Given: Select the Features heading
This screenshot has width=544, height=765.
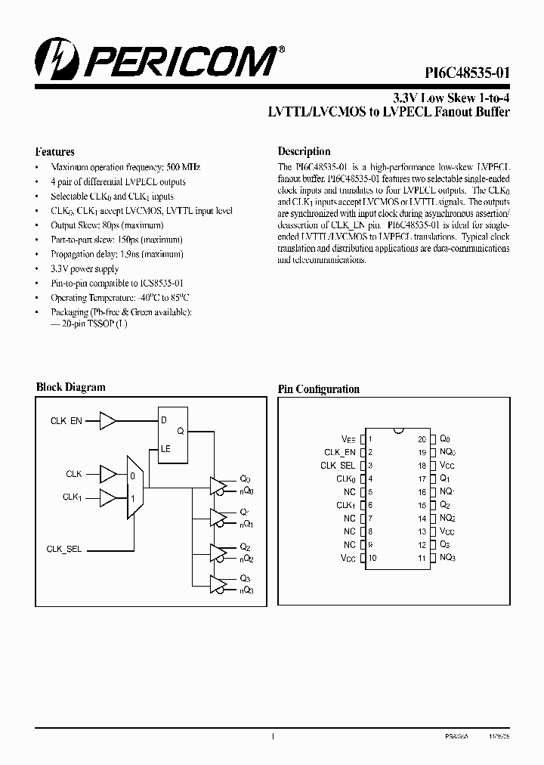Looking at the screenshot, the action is point(55,151).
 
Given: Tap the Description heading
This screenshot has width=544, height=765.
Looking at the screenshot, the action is point(304,151).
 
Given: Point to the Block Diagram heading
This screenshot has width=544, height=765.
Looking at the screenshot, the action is point(71,387).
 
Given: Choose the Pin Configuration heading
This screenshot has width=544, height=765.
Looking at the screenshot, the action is point(318,389).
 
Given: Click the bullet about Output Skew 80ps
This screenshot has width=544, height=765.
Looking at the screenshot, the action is point(107,225).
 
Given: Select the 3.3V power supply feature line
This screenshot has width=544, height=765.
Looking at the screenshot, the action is point(85,268).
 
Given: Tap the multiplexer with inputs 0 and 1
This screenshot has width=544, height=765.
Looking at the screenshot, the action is point(134,487).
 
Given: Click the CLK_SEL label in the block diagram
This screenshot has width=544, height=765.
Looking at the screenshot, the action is point(64,549).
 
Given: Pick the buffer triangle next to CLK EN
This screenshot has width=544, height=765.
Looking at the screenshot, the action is point(108,420).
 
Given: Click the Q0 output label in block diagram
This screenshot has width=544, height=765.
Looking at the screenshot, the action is point(245,479).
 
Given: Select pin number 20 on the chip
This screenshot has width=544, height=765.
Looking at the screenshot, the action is point(422,438).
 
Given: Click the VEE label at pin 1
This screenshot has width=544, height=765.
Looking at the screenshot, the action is point(348,439).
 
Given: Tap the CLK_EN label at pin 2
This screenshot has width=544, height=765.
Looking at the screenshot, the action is point(339,452).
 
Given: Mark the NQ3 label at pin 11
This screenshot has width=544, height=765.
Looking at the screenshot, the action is point(447,558).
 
